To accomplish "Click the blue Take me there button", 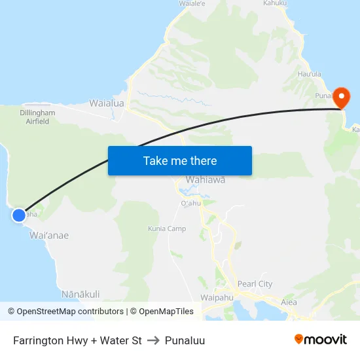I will click(180, 160).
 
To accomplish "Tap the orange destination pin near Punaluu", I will click(342, 98).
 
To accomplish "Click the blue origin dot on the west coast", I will click(19, 215).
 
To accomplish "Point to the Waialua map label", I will click(107, 103).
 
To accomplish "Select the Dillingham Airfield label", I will click(37, 117).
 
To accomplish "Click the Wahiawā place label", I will click(206, 179).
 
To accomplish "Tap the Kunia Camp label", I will click(167, 229).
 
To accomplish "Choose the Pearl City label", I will click(255, 284).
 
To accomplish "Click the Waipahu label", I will click(217, 297).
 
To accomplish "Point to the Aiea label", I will click(289, 302).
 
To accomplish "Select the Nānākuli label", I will click(80, 294).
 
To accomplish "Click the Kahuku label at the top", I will click(275, 3).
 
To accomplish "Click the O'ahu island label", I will click(190, 204).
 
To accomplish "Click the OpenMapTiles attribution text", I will click(164, 312).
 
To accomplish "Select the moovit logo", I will click(320, 339).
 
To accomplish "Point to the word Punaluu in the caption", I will click(185, 340).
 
